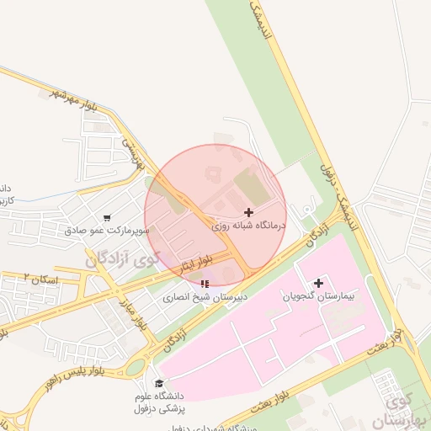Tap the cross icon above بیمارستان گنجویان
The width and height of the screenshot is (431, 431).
click(318, 283)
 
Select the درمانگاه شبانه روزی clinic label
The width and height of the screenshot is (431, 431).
click(248, 226)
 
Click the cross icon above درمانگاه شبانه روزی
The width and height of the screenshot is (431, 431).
click(248, 212)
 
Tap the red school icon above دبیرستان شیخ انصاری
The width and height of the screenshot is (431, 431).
click(202, 284)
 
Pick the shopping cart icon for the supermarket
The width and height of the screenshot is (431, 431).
click(107, 216)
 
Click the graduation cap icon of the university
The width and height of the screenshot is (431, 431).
click(158, 383)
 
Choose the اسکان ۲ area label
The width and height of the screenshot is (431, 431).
click(38, 278)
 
